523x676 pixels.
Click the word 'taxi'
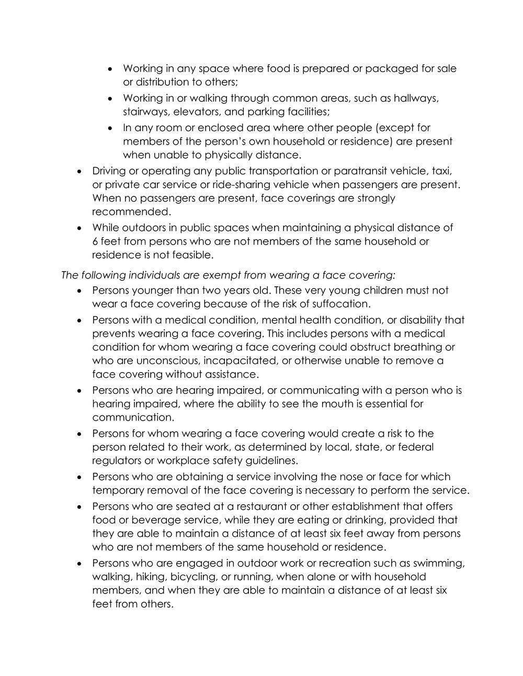[x=440, y=171]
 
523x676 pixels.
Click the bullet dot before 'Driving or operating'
[x=79, y=171]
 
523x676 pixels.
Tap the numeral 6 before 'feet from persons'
[x=95, y=241]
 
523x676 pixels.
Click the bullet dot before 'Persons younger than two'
[x=79, y=290]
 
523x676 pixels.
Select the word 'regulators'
[x=118, y=460]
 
